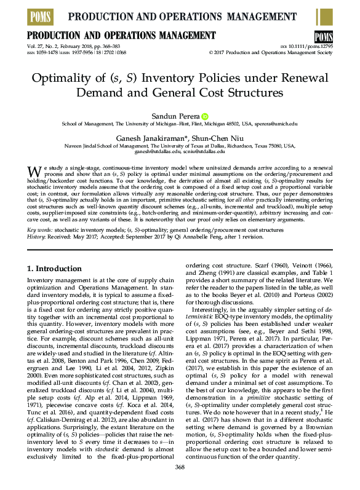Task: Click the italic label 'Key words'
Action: [x=41, y=229]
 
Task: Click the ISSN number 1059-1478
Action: [x=49, y=53]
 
